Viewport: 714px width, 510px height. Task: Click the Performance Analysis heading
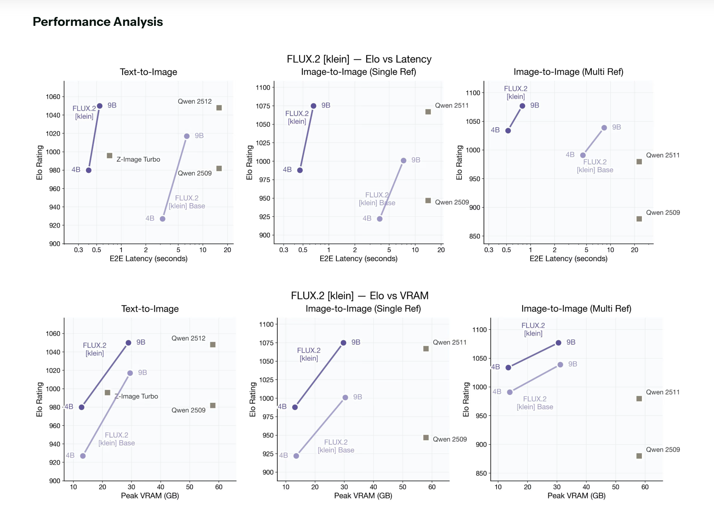(x=98, y=22)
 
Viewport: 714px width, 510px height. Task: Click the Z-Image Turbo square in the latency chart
(x=110, y=156)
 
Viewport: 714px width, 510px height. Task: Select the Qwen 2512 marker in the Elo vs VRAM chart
(x=213, y=345)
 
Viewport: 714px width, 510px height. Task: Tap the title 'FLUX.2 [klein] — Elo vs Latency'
(x=359, y=59)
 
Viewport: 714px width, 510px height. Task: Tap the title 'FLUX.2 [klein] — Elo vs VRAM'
(x=359, y=296)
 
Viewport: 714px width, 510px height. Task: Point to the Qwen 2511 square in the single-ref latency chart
(x=428, y=112)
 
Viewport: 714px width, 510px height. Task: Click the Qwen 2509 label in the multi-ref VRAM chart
(x=663, y=449)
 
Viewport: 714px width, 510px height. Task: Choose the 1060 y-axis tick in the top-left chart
(x=53, y=97)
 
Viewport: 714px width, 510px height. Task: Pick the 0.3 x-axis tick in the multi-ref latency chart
(x=489, y=250)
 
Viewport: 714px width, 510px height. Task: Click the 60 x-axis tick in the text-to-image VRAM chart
(x=219, y=487)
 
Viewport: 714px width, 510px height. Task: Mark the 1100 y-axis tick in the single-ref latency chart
(x=263, y=87)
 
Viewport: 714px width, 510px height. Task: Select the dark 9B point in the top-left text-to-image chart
(x=100, y=106)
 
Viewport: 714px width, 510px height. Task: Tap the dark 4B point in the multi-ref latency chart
(x=508, y=131)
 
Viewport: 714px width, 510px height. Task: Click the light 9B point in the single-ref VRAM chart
(x=345, y=397)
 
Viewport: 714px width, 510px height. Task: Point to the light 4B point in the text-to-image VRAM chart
(x=83, y=456)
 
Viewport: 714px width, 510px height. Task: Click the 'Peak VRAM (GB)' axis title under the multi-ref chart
(x=576, y=496)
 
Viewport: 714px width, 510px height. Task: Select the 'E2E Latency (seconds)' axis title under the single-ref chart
(x=358, y=259)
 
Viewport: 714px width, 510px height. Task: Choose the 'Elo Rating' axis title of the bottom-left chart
(x=39, y=399)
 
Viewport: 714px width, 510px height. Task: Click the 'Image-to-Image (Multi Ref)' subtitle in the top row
(x=568, y=72)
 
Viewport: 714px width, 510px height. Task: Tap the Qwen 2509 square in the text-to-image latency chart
(x=219, y=169)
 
